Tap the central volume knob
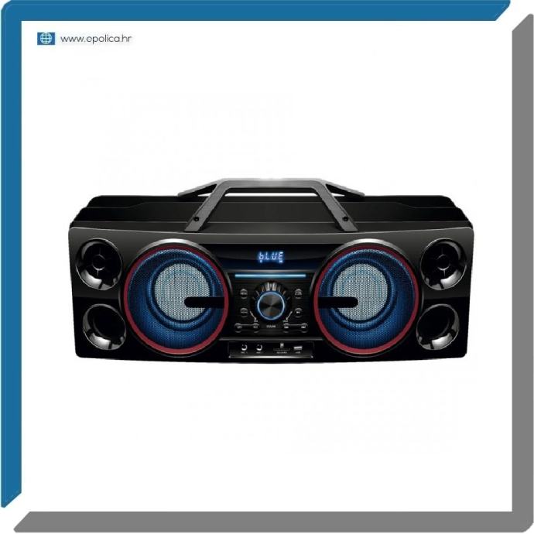point(270,304)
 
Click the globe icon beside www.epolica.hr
point(46,39)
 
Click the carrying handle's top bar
point(270,184)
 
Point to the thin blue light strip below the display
point(270,274)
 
